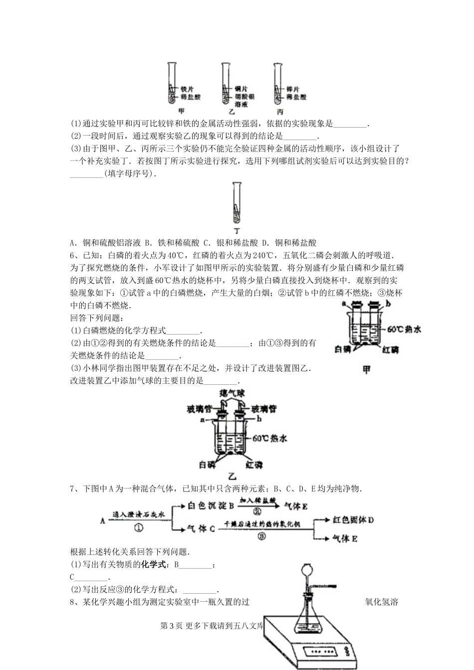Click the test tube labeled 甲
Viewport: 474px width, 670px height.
coord(172,82)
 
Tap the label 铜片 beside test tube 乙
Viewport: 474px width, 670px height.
coord(241,89)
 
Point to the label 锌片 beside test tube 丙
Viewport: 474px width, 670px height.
coord(293,89)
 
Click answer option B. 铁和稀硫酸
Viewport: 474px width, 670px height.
coord(172,243)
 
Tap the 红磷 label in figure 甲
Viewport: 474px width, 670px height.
coord(391,350)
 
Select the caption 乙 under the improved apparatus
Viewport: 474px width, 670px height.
coord(232,476)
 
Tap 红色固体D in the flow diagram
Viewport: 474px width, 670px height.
coord(353,520)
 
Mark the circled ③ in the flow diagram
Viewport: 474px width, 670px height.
coord(260,536)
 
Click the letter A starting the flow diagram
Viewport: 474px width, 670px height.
coord(102,520)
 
